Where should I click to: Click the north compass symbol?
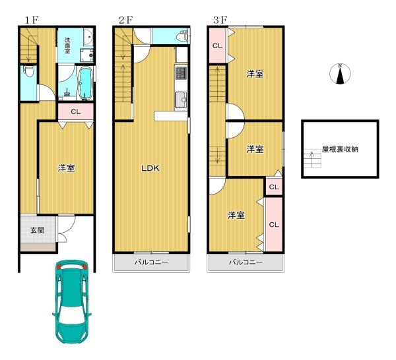coord(340,74)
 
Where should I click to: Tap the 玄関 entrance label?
coord(38,230)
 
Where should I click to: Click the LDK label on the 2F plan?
coord(150,168)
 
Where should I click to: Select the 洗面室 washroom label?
coord(67,45)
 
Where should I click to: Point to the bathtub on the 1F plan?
coord(86,83)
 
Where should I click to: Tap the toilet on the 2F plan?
coord(183,36)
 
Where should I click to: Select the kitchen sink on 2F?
coord(181,100)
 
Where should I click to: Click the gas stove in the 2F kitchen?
coord(181,72)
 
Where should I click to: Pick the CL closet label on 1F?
coord(75,112)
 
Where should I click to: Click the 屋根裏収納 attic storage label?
coord(340,150)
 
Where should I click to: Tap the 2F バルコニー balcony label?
coord(151,262)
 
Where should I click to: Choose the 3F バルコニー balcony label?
coord(246,262)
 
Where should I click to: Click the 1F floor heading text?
coord(32,20)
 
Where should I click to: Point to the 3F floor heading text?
coord(220,20)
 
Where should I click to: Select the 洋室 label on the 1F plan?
coord(67,168)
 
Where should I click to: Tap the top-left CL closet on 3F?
coord(217,45)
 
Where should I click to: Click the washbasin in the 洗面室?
coord(88,37)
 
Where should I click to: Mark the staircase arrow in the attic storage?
coord(312,157)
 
